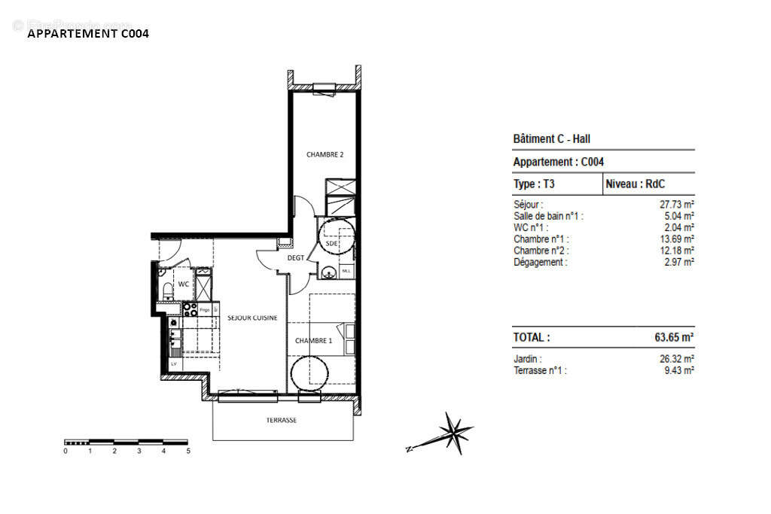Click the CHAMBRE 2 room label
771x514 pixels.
325,154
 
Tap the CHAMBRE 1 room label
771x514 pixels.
313,341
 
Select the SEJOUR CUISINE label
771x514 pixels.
252,318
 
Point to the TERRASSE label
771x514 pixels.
282,420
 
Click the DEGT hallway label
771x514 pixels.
296,258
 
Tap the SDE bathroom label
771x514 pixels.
331,244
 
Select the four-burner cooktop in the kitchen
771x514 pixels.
189,309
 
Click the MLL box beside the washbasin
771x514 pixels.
346,271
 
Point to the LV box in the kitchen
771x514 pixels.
174,363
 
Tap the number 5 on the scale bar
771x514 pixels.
188,451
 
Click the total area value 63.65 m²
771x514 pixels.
673,338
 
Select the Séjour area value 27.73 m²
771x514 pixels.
677,204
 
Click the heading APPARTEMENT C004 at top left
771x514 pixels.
88,33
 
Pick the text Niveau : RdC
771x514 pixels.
635,184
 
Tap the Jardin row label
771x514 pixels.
528,359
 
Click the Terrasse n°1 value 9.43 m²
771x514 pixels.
678,370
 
